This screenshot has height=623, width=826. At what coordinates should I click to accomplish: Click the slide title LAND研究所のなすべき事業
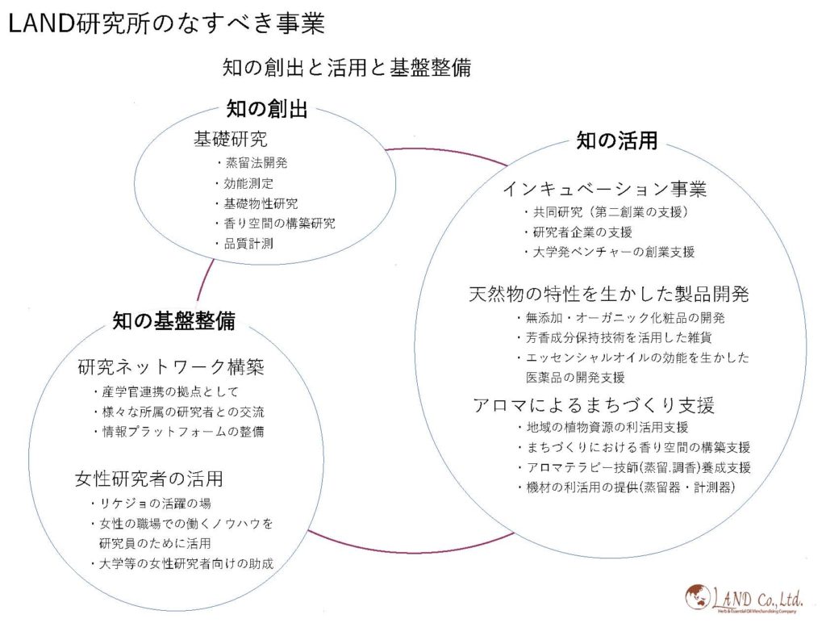166,23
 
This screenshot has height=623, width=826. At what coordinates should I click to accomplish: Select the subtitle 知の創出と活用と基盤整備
347,68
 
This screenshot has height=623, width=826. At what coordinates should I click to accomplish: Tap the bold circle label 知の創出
267,109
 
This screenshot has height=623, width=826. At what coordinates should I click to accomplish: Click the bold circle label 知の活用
617,140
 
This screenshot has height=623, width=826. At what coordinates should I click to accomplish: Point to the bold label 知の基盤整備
174,320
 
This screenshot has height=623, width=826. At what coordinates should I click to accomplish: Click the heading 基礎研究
231,139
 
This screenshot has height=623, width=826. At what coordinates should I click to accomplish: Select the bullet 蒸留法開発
252,163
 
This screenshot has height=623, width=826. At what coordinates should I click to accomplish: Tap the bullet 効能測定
245,183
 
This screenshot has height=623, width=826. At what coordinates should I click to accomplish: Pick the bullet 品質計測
245,244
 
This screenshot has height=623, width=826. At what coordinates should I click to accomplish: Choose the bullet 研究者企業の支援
578,232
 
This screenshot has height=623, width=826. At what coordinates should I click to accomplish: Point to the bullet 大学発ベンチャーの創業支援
610,252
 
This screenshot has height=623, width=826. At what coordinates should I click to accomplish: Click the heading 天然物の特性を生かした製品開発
608,294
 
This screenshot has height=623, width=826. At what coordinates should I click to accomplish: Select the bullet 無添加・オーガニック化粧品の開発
621,318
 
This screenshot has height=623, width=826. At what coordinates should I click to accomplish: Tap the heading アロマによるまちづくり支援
594,405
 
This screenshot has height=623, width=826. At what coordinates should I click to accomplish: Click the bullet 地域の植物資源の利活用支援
603,427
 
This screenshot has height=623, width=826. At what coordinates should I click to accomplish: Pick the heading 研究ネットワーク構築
171,366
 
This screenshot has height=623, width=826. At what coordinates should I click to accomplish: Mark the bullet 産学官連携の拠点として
166,391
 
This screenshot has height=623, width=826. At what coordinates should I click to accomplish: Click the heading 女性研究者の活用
149,479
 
